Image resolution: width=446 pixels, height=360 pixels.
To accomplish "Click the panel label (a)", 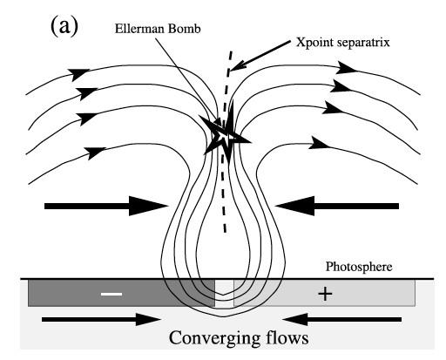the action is (x=64, y=26).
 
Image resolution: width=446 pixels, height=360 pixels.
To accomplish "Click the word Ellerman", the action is (x=137, y=29).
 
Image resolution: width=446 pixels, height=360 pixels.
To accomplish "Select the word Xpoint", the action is (x=314, y=43).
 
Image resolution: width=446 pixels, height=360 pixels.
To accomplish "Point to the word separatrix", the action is (x=363, y=43).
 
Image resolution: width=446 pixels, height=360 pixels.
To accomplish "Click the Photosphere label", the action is (x=359, y=267).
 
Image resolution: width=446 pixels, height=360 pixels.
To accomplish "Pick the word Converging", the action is (x=214, y=338).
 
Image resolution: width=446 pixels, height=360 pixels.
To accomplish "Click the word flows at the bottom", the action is (x=287, y=337).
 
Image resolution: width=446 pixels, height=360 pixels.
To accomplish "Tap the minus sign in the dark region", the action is (x=111, y=294).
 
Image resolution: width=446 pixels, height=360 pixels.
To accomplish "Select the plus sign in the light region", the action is (x=325, y=294).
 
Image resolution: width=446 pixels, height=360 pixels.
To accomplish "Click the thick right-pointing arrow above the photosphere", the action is (x=106, y=206).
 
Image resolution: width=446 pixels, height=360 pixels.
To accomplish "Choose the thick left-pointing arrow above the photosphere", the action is (x=337, y=206).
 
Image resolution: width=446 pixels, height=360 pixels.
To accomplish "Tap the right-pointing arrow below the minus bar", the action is (x=101, y=319).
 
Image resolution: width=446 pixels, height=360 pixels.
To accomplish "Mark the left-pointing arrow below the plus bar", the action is (x=342, y=319).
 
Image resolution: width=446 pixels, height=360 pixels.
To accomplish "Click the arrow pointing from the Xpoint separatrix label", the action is (x=260, y=56).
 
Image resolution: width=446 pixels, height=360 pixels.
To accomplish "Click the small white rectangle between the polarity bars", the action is (x=224, y=293).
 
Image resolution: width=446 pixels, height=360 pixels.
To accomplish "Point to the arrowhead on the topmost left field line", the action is (x=78, y=74).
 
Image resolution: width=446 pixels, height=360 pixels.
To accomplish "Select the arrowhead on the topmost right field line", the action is (x=347, y=68).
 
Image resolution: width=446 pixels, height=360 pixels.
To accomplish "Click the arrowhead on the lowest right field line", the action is (x=319, y=143).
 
